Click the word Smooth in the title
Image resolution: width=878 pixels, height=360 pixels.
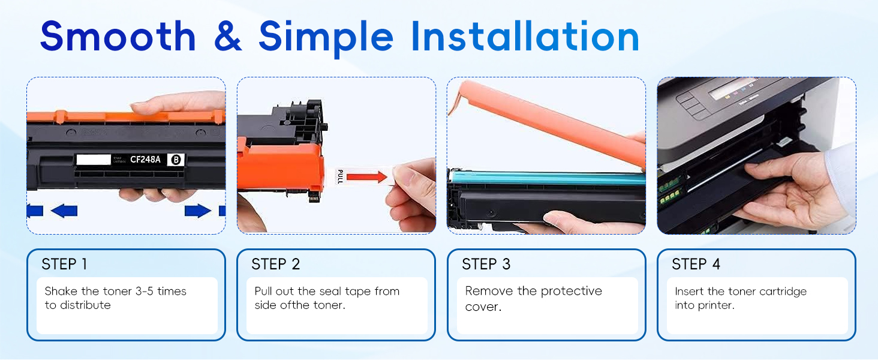pyautogui.click(x=118, y=37)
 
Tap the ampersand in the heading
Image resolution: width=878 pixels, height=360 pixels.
pyautogui.click(x=228, y=37)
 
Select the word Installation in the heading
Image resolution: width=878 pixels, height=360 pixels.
pyautogui.click(x=525, y=37)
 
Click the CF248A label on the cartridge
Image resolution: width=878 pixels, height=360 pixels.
pyautogui.click(x=145, y=160)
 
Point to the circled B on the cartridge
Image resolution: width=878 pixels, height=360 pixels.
pyautogui.click(x=176, y=160)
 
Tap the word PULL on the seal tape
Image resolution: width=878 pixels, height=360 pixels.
pyautogui.click(x=340, y=176)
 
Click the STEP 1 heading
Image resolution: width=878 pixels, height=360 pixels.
pyautogui.click(x=64, y=265)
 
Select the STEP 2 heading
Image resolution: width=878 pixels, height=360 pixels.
pyautogui.click(x=275, y=265)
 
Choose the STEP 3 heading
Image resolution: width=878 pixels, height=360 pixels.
pyautogui.click(x=486, y=265)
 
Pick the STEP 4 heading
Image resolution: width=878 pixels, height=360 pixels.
pyautogui.click(x=696, y=265)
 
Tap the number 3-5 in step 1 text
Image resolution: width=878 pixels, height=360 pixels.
pyautogui.click(x=145, y=291)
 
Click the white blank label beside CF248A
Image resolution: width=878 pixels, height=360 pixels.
pyautogui.click(x=94, y=160)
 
